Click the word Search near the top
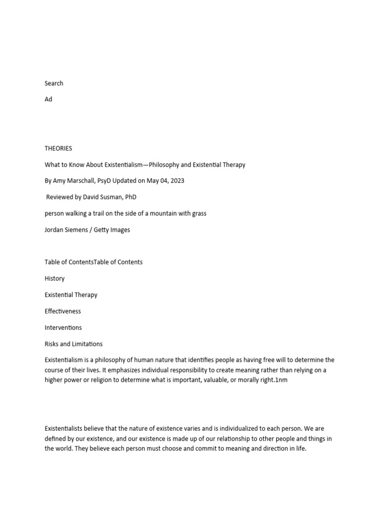(x=54, y=83)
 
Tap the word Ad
(x=48, y=99)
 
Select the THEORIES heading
(x=58, y=148)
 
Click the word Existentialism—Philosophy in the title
(x=134, y=164)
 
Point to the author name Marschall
(x=85, y=181)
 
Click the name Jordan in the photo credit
(x=55, y=230)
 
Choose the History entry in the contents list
(x=54, y=279)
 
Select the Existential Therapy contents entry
(x=71, y=295)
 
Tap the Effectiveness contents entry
(x=63, y=311)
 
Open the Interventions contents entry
(x=63, y=328)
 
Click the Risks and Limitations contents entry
(x=74, y=344)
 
